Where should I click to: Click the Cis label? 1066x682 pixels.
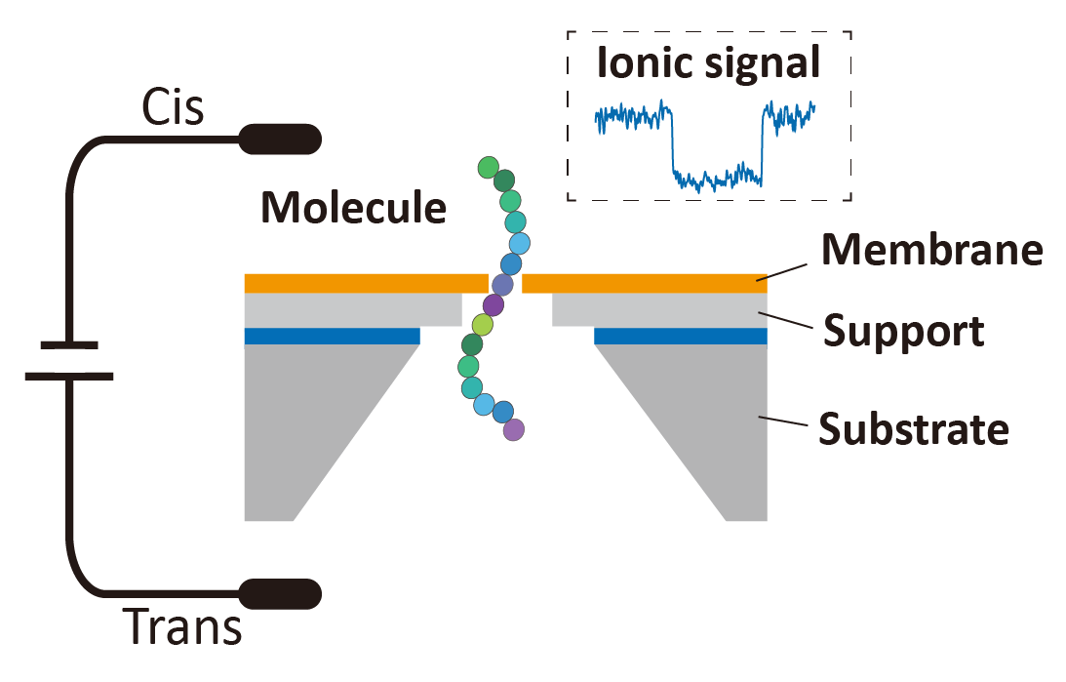click(x=174, y=107)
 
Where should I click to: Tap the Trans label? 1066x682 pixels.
click(x=182, y=627)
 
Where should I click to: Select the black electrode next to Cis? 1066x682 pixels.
click(x=281, y=140)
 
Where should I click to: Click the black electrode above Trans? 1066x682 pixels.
click(x=281, y=593)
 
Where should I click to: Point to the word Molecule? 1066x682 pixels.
click(x=353, y=208)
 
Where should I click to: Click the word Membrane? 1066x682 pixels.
click(x=931, y=251)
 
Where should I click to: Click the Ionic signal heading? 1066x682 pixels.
click(x=708, y=64)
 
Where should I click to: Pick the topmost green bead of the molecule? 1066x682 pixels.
click(x=489, y=168)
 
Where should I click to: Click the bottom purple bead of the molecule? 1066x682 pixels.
click(x=514, y=428)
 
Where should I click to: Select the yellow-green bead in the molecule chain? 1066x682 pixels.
click(x=482, y=325)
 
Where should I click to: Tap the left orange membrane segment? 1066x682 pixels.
click(x=365, y=283)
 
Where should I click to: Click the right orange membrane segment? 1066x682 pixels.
click(x=644, y=283)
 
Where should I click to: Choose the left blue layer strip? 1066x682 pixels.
click(x=332, y=336)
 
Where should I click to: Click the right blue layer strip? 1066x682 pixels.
click(x=680, y=336)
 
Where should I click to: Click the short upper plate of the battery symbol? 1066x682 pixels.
click(x=69, y=344)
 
